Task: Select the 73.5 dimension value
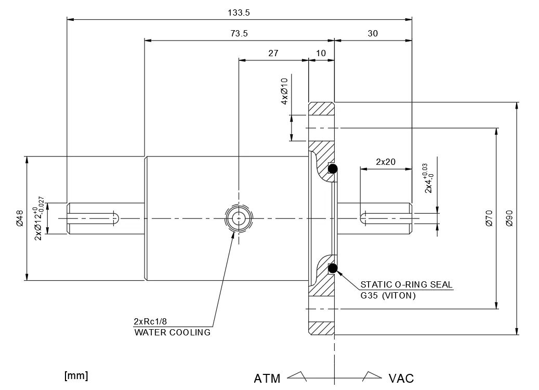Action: (x=239, y=33)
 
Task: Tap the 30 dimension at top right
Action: (x=373, y=33)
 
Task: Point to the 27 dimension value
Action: (x=273, y=53)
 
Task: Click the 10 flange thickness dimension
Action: (x=321, y=53)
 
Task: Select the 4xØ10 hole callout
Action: (x=284, y=92)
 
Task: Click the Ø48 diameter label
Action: (x=19, y=218)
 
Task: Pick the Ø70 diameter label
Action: (x=489, y=218)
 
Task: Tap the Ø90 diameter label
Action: (x=509, y=218)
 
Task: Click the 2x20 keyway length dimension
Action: (x=385, y=162)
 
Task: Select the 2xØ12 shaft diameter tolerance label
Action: (x=39, y=218)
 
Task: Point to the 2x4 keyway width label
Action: (x=427, y=178)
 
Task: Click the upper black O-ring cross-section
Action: (x=333, y=168)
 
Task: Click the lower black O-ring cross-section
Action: (x=333, y=268)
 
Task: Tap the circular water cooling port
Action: (x=239, y=218)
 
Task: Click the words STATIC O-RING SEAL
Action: (x=406, y=284)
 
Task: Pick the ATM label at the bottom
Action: (x=267, y=378)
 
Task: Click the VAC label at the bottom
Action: (x=401, y=378)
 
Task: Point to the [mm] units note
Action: (x=76, y=375)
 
